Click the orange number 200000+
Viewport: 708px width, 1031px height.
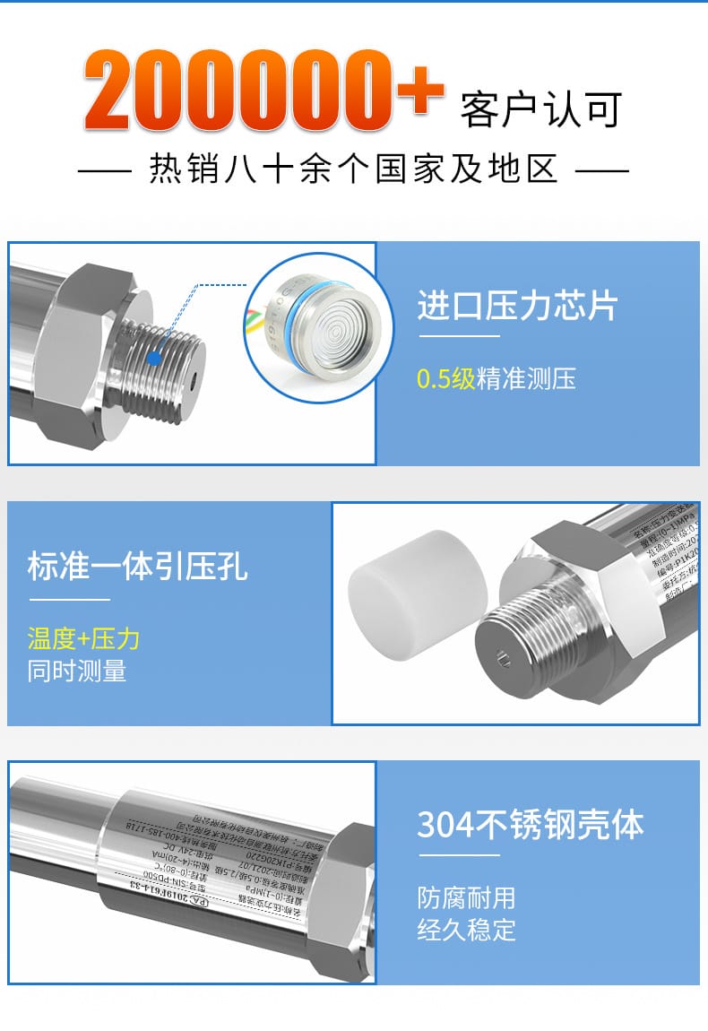pyautogui.click(x=264, y=91)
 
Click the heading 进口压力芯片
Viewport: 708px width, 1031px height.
pyautogui.click(x=517, y=306)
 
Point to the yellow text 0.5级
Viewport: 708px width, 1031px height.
pyautogui.click(x=445, y=379)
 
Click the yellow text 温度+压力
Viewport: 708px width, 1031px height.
pyautogui.click(x=83, y=638)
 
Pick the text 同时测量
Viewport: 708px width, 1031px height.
pyautogui.click(x=77, y=671)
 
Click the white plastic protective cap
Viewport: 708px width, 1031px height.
pyautogui.click(x=417, y=584)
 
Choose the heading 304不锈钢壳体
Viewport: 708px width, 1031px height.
pyautogui.click(x=531, y=825)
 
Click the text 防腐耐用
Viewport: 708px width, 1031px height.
pyautogui.click(x=466, y=897)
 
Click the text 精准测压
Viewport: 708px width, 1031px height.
pyautogui.click(x=526, y=379)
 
